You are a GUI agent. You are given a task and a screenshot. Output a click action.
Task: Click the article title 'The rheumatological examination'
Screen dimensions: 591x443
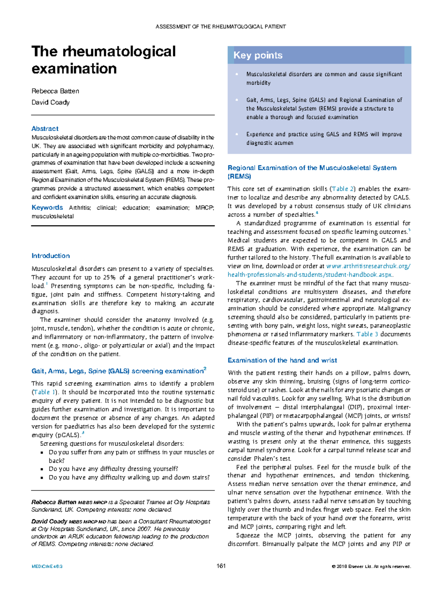click(103, 60)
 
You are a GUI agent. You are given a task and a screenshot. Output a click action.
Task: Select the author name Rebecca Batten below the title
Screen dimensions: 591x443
click(55, 91)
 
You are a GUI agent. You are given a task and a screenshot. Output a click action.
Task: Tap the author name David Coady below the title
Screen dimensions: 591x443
click(51, 102)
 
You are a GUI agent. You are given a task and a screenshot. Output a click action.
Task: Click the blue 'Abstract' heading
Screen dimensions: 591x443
click(45, 129)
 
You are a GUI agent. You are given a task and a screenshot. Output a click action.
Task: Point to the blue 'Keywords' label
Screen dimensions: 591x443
click(47, 208)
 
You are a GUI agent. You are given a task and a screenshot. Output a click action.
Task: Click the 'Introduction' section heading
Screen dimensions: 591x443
click(51, 256)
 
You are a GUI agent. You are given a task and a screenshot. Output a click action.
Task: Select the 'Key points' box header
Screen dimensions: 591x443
click(258, 55)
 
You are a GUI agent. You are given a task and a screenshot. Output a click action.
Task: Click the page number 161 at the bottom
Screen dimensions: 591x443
click(221, 566)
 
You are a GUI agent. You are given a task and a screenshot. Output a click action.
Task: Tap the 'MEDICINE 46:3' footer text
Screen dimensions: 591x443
click(47, 567)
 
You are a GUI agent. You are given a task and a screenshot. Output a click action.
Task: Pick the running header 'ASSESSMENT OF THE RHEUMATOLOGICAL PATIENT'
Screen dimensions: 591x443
click(221, 27)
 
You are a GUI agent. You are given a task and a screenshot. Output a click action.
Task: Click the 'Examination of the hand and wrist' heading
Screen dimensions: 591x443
click(282, 360)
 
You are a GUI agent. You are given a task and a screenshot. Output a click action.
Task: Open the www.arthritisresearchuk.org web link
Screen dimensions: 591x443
click(368, 266)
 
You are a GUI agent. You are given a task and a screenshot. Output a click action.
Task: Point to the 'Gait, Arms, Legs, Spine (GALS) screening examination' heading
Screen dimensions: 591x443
click(119, 371)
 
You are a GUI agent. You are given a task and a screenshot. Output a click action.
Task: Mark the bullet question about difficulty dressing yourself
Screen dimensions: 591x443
click(113, 469)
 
